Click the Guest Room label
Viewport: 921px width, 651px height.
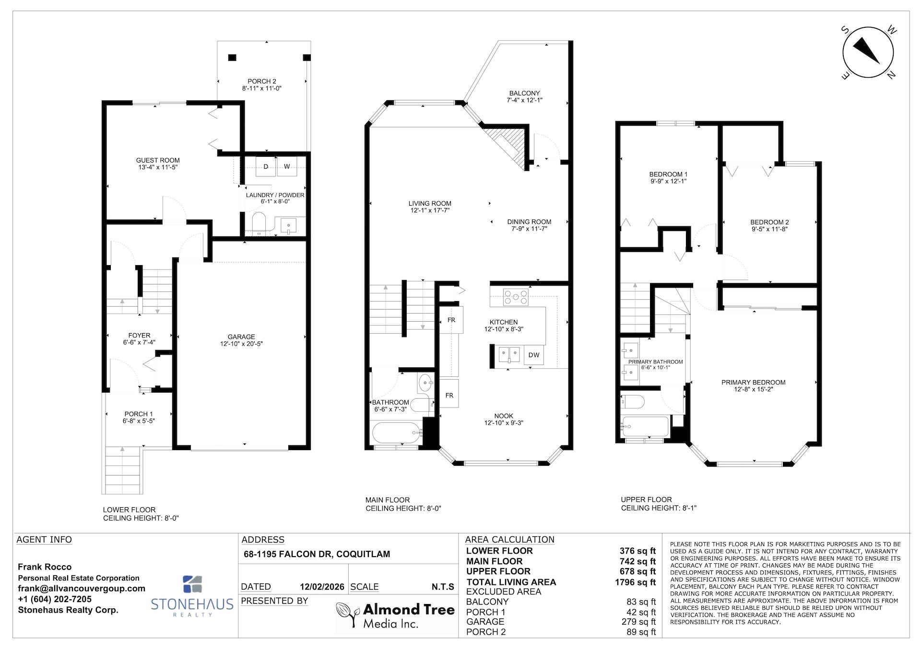[x=158, y=163]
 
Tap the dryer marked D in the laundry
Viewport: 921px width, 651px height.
[x=265, y=167]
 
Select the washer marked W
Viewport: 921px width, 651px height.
[x=287, y=167]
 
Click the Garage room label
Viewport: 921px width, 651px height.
[x=241, y=340]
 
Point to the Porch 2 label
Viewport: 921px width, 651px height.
[x=261, y=85]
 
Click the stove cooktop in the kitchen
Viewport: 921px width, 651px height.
[x=516, y=297]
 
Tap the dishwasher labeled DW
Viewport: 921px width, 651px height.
[x=534, y=355]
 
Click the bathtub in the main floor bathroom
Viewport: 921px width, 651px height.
[x=396, y=433]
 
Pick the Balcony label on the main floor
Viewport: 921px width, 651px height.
[x=524, y=97]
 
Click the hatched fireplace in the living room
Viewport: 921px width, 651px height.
[x=507, y=144]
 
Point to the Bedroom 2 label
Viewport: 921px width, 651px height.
[x=769, y=225]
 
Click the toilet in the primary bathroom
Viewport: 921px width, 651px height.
[x=632, y=401]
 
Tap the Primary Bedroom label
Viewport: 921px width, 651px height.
[x=753, y=385]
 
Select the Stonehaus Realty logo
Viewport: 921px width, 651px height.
[x=192, y=596]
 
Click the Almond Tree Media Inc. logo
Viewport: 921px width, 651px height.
[x=395, y=616]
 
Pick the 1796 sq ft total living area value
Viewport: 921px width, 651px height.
[x=635, y=582]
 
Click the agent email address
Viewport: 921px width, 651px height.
[x=82, y=588]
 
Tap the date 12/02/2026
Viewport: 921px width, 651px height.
[x=322, y=587]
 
